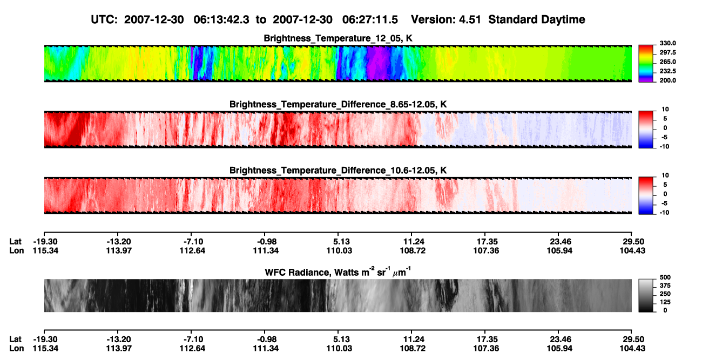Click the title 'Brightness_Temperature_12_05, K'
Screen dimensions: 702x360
[338, 38]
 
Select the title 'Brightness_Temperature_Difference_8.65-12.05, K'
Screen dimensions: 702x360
[338, 104]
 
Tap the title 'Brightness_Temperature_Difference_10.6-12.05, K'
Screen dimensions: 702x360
[338, 171]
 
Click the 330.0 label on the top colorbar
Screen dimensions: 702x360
[667, 43]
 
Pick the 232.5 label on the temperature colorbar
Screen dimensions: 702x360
[667, 71]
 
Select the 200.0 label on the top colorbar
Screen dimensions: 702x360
[667, 80]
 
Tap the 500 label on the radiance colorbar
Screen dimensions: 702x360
[665, 277]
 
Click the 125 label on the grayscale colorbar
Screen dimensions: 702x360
[665, 302]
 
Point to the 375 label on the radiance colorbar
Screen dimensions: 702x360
[665, 286]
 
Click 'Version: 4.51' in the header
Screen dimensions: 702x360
[446, 20]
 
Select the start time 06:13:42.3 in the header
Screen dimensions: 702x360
[221, 20]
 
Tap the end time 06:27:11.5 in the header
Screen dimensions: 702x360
[370, 20]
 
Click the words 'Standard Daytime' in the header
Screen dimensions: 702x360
[537, 20]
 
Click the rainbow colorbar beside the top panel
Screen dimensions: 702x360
[646, 64]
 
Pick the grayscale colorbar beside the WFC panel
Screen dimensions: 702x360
[646, 295]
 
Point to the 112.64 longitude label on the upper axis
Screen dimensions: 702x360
[192, 251]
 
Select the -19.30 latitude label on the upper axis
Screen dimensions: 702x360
[45, 242]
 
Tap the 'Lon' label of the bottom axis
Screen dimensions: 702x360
[16, 349]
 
